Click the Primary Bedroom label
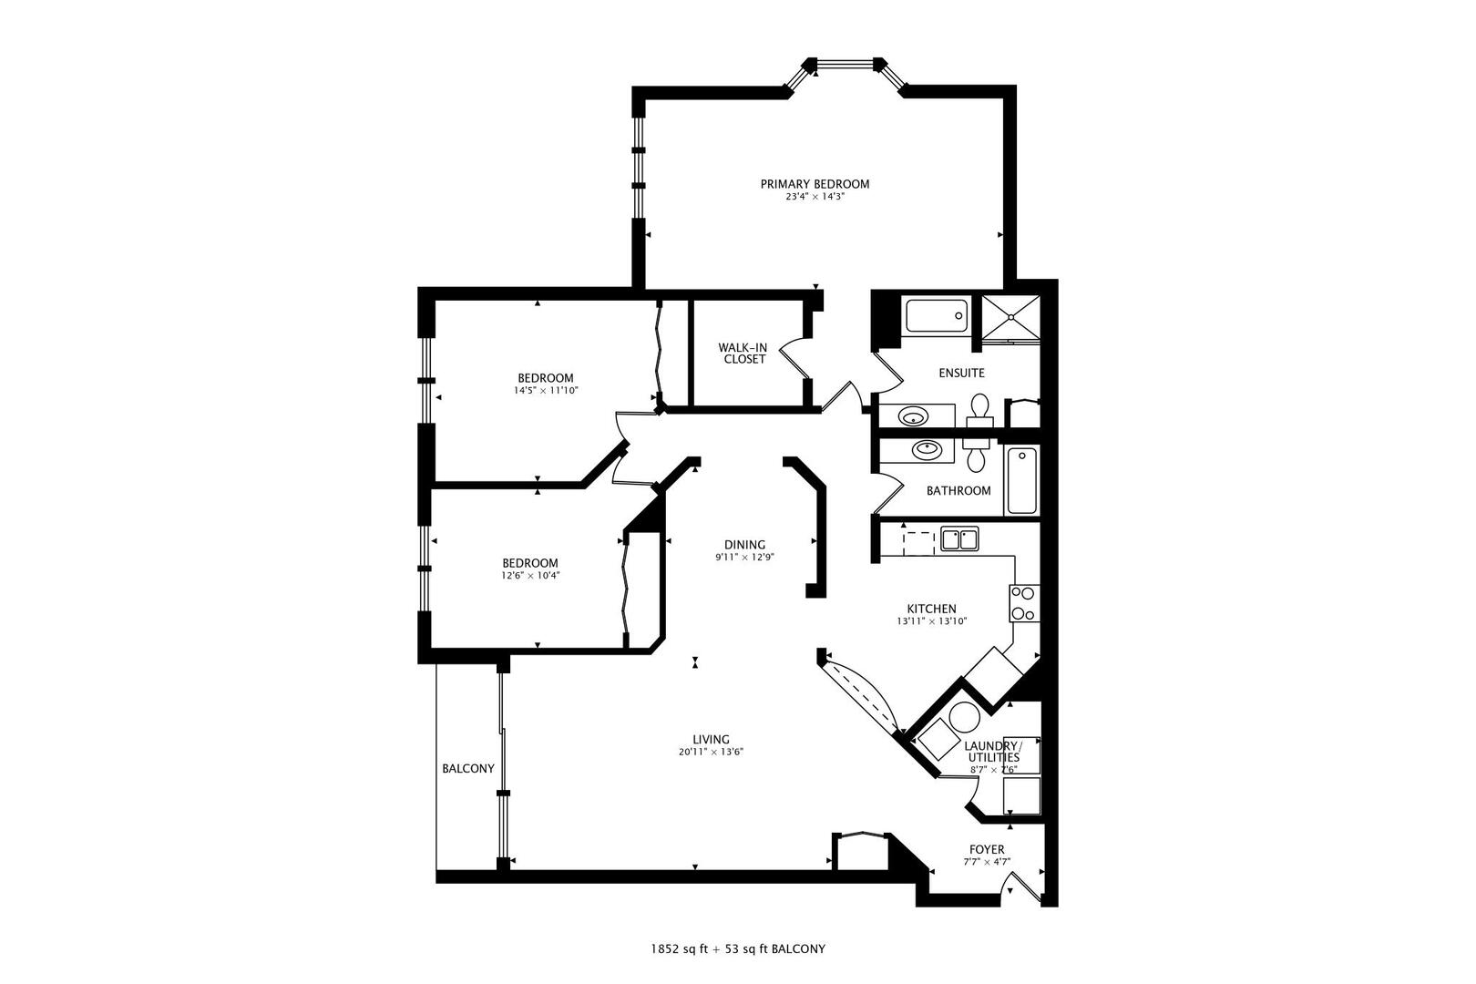click(x=815, y=184)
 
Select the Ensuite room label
click(x=961, y=373)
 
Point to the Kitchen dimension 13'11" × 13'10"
click(x=931, y=621)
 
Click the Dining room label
click(x=744, y=545)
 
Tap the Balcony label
click(x=468, y=768)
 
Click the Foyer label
click(x=987, y=849)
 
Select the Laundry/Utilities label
click(x=993, y=752)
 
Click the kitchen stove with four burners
click(x=1023, y=603)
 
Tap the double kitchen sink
click(x=958, y=539)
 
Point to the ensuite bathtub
click(x=935, y=316)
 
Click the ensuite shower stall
click(x=1010, y=316)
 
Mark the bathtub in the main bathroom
click(x=1022, y=480)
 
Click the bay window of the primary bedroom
click(x=844, y=65)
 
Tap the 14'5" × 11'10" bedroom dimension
click(x=546, y=391)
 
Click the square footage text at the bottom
click(x=737, y=948)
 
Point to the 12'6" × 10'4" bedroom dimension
click(x=529, y=576)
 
